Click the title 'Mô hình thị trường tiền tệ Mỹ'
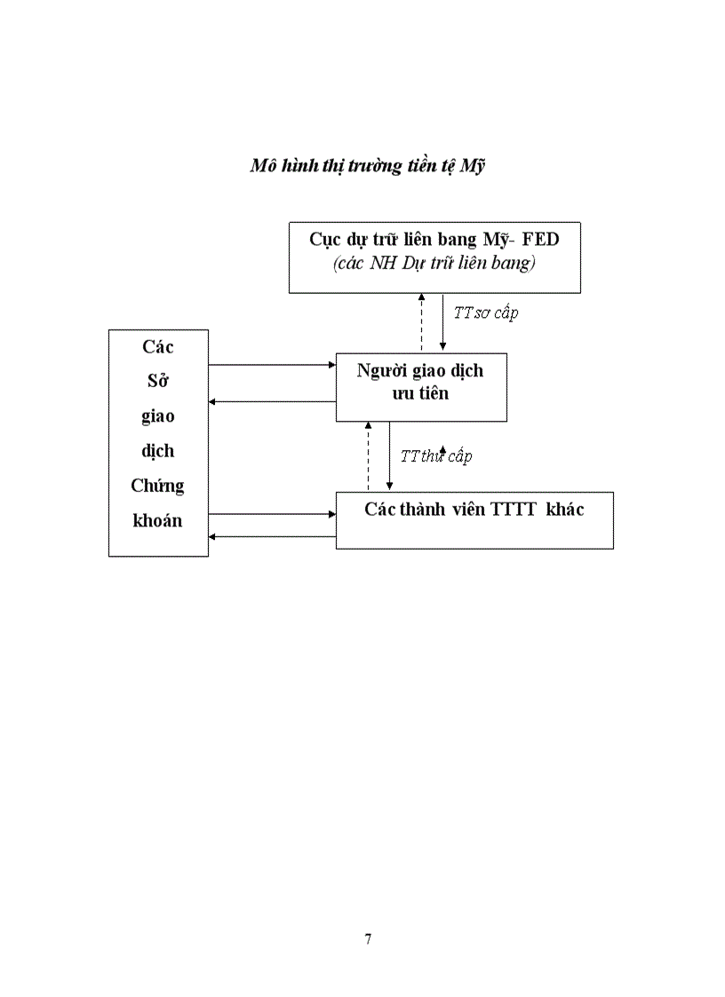[368, 166]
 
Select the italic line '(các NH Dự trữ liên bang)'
[434, 264]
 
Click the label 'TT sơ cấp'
[485, 313]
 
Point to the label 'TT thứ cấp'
[435, 456]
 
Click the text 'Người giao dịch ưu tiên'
[420, 382]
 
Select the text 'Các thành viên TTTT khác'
[474, 510]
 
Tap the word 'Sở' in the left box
[158, 382]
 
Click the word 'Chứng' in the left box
[157, 486]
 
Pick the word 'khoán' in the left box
[157, 520]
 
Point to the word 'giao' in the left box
[157, 415]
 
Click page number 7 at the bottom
[368, 939]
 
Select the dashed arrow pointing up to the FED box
[421, 322]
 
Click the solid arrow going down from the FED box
[442, 322]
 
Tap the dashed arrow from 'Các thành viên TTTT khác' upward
[368, 456]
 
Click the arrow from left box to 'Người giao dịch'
[271, 364]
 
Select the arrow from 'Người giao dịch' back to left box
[271, 402]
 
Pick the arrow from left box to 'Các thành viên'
[271, 513]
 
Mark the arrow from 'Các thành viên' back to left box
[271, 535]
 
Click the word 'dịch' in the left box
[157, 451]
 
